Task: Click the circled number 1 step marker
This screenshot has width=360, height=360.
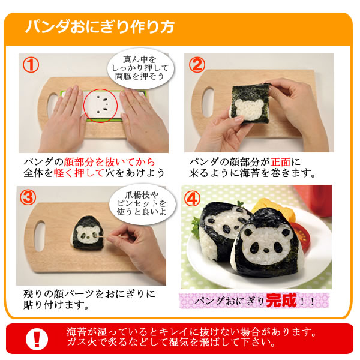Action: coord(31,65)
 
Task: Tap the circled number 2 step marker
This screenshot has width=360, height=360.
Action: coord(197,65)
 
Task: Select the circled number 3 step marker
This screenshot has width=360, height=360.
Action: coord(28,197)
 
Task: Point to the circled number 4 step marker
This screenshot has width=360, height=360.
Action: coord(192,199)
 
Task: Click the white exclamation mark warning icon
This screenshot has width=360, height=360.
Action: coord(37,339)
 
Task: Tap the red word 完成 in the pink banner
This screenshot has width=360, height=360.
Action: coord(281,301)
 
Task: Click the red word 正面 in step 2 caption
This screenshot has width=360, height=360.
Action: coord(281,163)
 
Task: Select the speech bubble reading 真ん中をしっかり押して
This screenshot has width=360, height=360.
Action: coord(140,68)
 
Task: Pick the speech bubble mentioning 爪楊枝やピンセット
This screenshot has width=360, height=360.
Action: coord(142,203)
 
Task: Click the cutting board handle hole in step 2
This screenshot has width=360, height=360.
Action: coord(208,103)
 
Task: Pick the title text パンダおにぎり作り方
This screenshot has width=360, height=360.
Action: coord(100,28)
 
